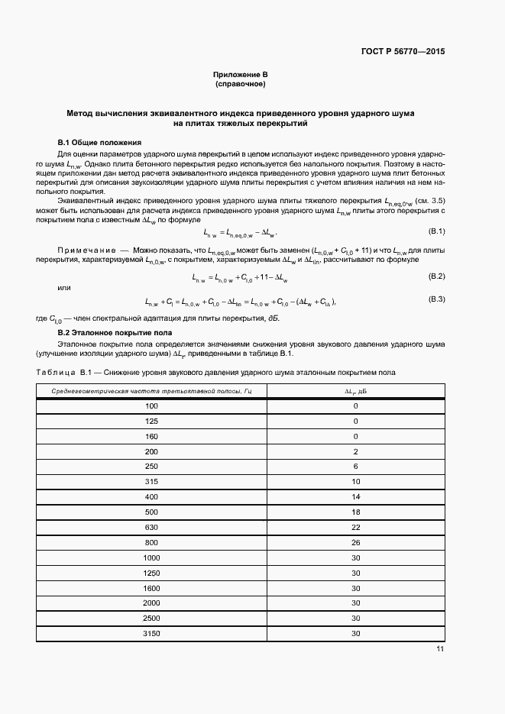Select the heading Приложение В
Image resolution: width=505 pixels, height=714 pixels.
click(x=240, y=74)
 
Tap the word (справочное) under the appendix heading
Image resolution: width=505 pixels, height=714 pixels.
click(x=240, y=83)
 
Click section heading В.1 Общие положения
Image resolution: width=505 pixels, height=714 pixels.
click(x=99, y=143)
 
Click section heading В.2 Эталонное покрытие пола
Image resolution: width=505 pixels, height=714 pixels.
click(x=115, y=333)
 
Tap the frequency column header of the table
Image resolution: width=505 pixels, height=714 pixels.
click(x=151, y=392)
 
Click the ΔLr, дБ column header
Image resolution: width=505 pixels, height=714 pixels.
click(x=355, y=392)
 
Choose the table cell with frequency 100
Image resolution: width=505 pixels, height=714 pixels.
click(x=151, y=406)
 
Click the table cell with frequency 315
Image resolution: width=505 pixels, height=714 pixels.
click(x=151, y=482)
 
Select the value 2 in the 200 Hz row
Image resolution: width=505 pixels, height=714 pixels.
click(x=355, y=451)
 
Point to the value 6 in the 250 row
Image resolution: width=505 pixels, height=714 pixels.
click(x=355, y=467)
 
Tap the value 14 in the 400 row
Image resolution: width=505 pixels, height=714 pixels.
click(x=355, y=497)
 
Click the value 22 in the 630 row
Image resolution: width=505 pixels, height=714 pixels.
click(x=355, y=528)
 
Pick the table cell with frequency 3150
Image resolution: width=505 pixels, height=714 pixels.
click(x=151, y=634)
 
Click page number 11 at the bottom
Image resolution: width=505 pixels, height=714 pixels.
click(x=440, y=649)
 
